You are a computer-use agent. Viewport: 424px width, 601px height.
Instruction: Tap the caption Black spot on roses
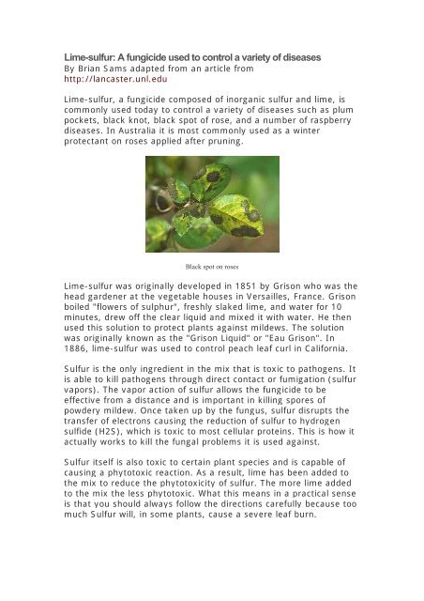tap(212, 267)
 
